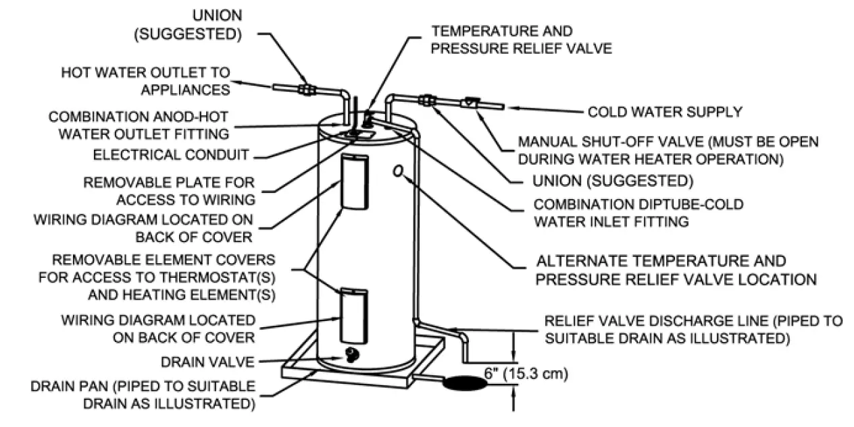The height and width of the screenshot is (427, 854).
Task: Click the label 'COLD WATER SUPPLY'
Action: [x=665, y=111]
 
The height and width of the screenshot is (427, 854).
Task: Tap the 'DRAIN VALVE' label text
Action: [x=207, y=362]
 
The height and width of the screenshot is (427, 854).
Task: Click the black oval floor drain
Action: [x=464, y=384]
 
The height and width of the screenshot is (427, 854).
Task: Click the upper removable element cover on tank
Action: [x=353, y=181]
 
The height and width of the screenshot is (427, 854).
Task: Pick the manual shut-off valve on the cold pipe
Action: [x=468, y=103]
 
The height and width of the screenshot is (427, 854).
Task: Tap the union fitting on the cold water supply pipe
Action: [x=427, y=101]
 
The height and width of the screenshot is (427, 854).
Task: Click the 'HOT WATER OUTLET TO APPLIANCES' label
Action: [x=145, y=80]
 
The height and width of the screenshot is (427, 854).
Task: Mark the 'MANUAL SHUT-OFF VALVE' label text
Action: [x=668, y=151]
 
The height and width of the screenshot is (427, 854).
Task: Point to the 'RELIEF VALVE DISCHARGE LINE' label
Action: [x=693, y=330]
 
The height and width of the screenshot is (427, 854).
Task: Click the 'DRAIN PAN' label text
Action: [x=143, y=395]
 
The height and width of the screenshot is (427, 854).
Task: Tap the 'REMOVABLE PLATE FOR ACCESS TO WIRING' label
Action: [x=169, y=191]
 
